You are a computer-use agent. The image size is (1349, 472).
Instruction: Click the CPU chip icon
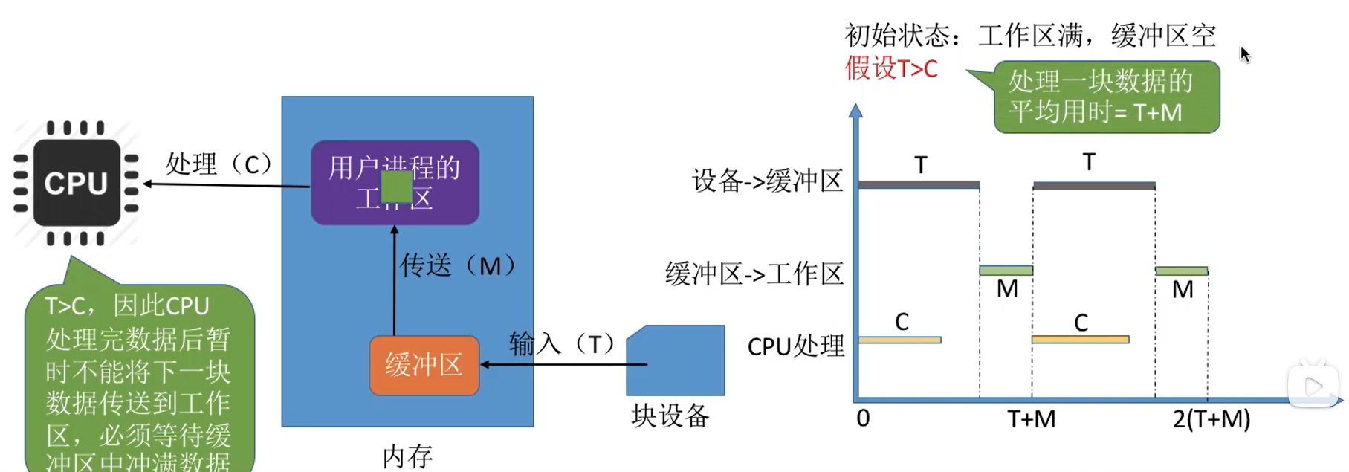click(x=76, y=183)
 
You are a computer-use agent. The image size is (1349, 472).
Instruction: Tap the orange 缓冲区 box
click(x=424, y=365)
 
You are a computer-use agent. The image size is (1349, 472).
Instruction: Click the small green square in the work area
click(x=396, y=187)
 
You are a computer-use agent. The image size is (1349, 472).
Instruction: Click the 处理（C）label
click(x=219, y=164)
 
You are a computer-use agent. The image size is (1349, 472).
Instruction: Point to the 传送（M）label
click(x=458, y=265)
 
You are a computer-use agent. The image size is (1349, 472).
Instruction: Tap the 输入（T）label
click(x=563, y=344)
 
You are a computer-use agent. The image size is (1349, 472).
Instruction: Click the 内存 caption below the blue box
click(x=407, y=456)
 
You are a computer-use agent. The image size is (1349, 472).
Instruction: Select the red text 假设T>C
click(x=891, y=68)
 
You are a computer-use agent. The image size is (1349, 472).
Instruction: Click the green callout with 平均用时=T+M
click(x=1107, y=97)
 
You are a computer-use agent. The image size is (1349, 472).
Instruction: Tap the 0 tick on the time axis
click(x=863, y=418)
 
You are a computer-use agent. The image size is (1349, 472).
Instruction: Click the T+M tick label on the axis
click(x=1031, y=419)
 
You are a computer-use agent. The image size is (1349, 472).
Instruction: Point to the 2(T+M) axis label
click(x=1211, y=419)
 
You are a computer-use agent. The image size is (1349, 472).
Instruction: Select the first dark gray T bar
click(x=919, y=184)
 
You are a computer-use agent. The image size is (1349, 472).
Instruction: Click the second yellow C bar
click(x=1080, y=340)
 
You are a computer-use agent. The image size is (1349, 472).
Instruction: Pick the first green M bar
click(x=1006, y=271)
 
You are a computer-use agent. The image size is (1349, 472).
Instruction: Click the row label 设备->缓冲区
click(x=768, y=181)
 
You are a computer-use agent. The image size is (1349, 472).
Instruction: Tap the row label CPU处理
click(x=795, y=346)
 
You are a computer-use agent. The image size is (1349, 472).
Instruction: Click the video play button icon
click(x=1313, y=387)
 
